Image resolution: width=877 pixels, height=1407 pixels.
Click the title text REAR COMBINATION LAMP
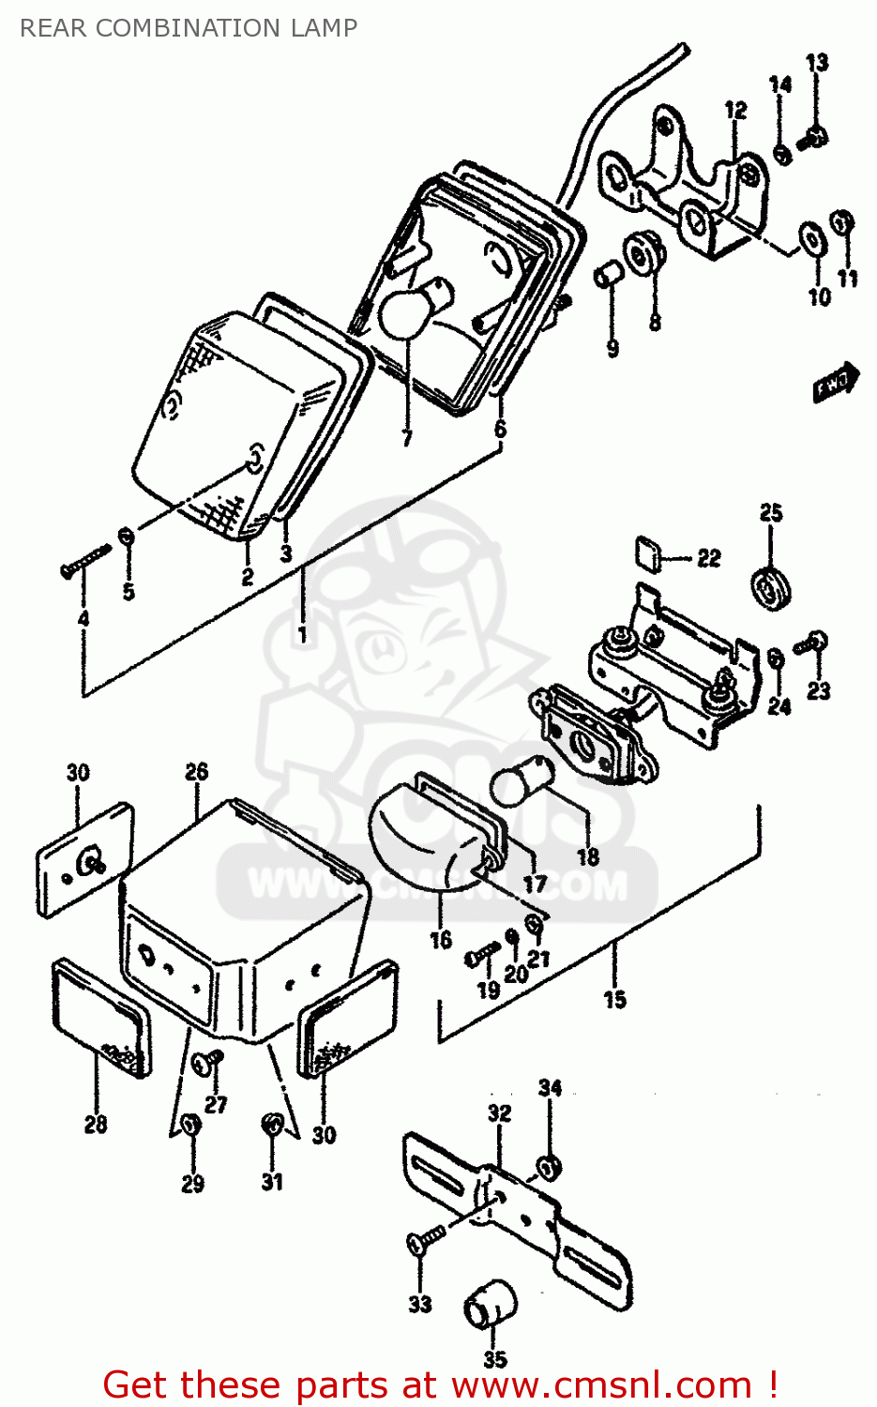point(189,28)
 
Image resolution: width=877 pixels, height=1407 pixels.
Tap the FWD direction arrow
point(834,382)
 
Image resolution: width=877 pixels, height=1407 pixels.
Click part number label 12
point(735,111)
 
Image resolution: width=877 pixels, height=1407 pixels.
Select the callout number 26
point(196,772)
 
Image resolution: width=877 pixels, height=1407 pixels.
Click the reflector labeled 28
point(100,1017)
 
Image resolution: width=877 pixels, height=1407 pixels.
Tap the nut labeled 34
point(549,1168)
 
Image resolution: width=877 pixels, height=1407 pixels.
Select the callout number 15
point(614,1000)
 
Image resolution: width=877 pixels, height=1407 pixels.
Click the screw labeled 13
point(811,140)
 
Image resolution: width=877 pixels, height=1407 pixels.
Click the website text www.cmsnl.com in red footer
point(601,1384)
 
